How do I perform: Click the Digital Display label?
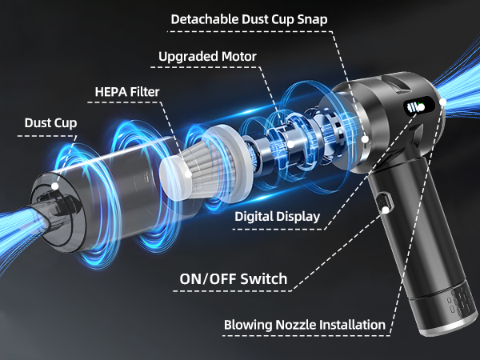coord(278,216)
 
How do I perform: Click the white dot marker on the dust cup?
coord(55,185)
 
